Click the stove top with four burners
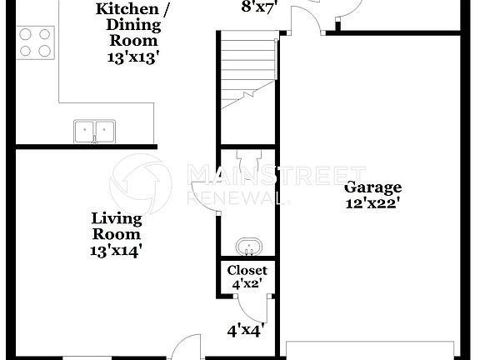point(34,42)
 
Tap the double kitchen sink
point(93,131)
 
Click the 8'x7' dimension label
point(258,7)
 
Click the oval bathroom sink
point(248,247)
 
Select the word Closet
point(248,270)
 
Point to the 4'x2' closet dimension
point(248,284)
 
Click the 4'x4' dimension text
point(247,330)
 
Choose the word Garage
point(373,187)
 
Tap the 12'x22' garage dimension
point(373,202)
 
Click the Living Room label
point(117,227)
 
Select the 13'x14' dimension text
point(117,250)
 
